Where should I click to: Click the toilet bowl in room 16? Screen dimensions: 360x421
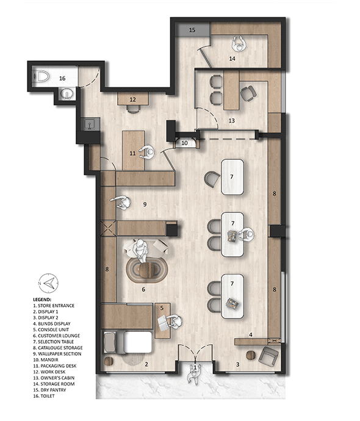pyautogui.click(x=42, y=76)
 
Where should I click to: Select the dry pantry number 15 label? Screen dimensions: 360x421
pyautogui.click(x=192, y=30)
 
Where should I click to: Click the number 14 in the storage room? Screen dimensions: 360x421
pyautogui.click(x=232, y=58)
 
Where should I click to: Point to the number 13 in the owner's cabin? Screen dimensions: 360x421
pyautogui.click(x=232, y=121)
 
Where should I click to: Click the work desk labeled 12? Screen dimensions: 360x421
pyautogui.click(x=133, y=99)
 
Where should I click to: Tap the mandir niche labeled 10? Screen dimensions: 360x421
pyautogui.click(x=185, y=142)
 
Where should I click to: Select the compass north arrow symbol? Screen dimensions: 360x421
pyautogui.click(x=48, y=283)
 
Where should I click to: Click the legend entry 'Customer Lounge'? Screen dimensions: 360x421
pyautogui.click(x=59, y=336)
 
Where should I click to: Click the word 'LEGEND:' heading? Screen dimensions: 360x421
pyautogui.click(x=42, y=300)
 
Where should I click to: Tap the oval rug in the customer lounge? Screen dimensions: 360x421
pyautogui.click(x=147, y=270)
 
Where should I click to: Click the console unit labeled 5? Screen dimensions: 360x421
pyautogui.click(x=163, y=320)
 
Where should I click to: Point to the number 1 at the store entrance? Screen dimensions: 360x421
pyautogui.click(x=195, y=366)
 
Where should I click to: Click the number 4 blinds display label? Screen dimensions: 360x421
pyautogui.click(x=251, y=334)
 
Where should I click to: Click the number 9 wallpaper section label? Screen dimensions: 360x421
pyautogui.click(x=145, y=204)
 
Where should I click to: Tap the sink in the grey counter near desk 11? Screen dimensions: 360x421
pyautogui.click(x=90, y=124)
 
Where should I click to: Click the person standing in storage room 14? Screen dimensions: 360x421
pyautogui.click(x=239, y=44)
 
